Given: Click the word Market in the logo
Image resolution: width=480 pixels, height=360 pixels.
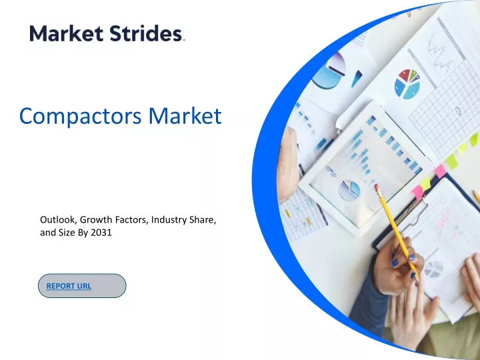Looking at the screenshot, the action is coord(66,33).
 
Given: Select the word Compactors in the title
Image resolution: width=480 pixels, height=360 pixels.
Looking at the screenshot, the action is coord(80,116).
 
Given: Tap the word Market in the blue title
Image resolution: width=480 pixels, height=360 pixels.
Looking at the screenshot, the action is coord(185,115).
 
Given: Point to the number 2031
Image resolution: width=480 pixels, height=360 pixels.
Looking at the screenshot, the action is coord(101,233).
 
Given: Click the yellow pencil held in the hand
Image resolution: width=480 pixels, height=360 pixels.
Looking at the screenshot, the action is coord(396,230).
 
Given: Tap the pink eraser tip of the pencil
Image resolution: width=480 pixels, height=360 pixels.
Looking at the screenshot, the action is coord(377,187).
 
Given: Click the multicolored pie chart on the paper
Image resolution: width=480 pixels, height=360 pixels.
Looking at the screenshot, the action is coord(407,84).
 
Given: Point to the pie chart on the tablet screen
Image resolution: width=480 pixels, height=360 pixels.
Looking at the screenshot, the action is coord(349,190).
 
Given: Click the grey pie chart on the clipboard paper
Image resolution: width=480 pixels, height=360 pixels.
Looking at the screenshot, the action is coord(434,269).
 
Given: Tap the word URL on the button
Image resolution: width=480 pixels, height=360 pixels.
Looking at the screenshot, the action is coord(84,286).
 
